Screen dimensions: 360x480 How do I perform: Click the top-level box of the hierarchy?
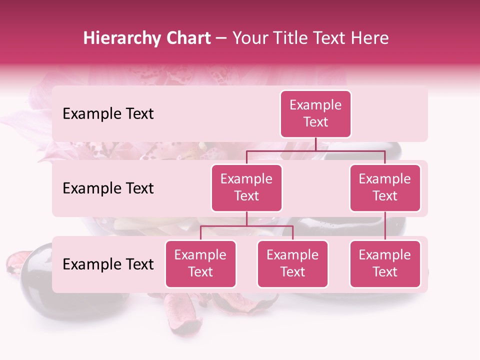315,114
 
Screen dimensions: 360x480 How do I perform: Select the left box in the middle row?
246,188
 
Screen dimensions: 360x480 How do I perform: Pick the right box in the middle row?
385,188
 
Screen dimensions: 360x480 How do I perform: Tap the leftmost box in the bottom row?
200,264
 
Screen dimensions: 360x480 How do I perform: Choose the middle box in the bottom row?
292,264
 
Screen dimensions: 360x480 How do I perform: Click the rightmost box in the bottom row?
385,264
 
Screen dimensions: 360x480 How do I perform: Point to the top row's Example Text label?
108,114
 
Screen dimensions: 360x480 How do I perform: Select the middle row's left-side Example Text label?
108,188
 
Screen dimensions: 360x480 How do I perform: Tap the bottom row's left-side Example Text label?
108,264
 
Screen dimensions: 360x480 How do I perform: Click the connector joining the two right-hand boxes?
385,226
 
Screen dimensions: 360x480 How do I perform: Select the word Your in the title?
249,38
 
